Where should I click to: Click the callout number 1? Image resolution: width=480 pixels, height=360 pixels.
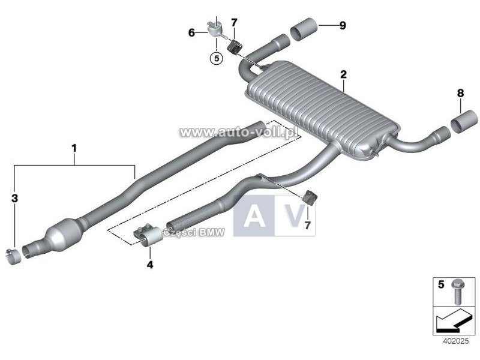74,149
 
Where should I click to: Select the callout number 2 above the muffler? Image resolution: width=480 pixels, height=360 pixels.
343,74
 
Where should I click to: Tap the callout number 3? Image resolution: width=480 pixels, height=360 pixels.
14,199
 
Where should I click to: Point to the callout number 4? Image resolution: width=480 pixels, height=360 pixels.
149,264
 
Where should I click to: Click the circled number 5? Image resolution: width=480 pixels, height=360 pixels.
217,58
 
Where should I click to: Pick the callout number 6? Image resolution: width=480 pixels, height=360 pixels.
191,32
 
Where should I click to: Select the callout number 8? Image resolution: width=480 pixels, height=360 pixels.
460,93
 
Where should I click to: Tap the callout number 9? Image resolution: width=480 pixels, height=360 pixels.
343,25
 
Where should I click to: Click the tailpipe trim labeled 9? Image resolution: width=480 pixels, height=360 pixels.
304,29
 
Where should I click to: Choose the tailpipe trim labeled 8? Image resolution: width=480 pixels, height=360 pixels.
464,122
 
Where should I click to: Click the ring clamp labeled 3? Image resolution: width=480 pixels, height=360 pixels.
13,257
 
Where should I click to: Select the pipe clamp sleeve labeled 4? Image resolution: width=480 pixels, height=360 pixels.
148,235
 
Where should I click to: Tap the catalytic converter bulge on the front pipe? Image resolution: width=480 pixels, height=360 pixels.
64,235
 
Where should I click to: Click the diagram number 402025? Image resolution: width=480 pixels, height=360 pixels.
456,341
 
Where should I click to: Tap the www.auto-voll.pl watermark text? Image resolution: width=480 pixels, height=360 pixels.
238,132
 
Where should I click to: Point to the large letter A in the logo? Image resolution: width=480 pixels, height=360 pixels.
254,216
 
